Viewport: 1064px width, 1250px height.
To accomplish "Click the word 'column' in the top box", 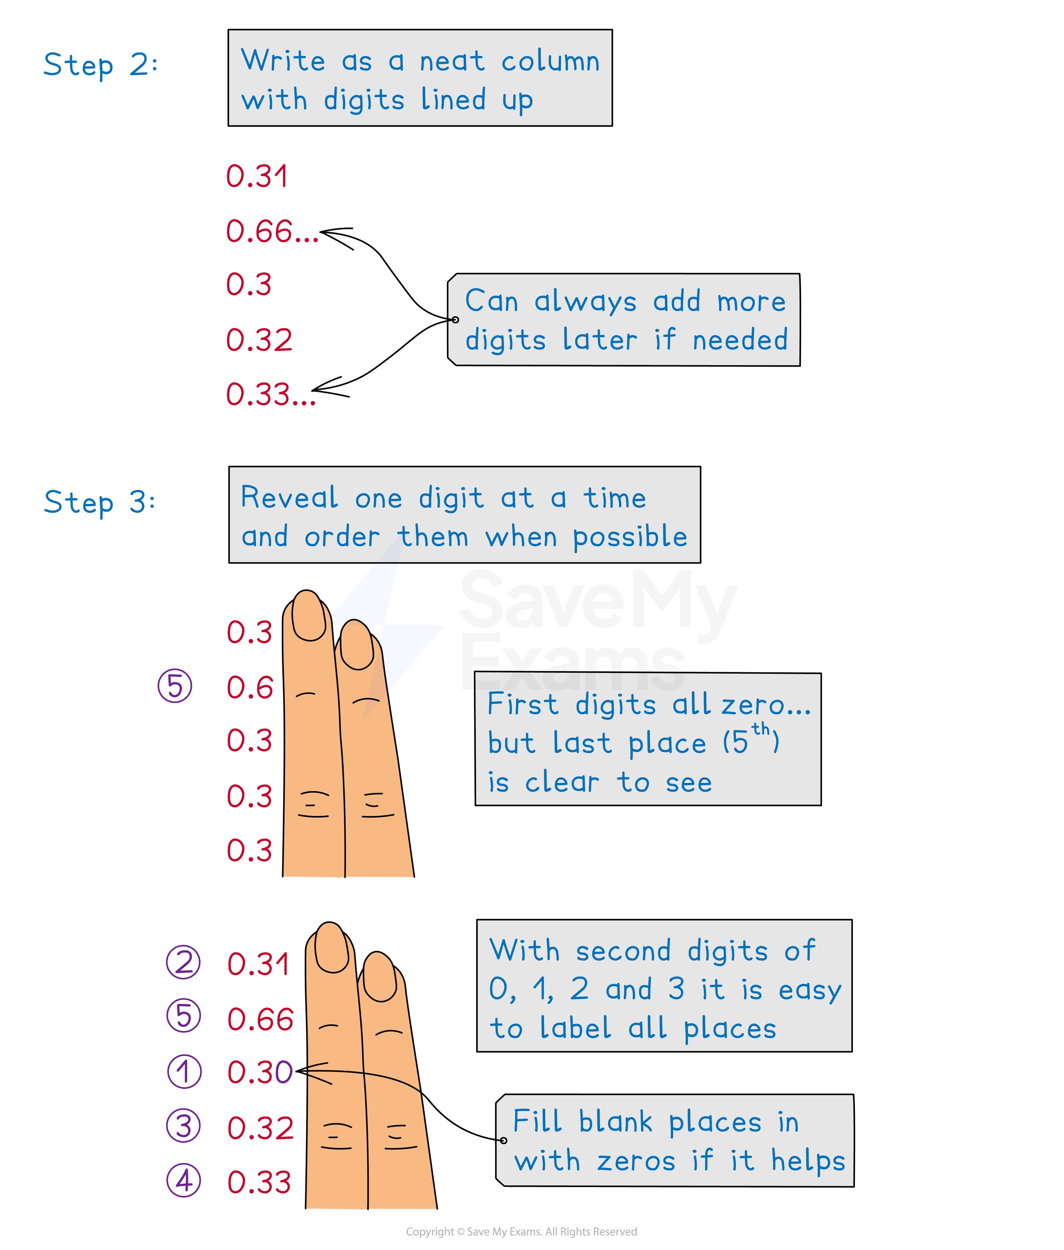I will tap(550, 62).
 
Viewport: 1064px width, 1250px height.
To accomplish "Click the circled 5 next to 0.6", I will tap(175, 687).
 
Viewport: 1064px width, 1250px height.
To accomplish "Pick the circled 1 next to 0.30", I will tap(184, 1072).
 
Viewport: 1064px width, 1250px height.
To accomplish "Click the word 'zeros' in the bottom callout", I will tap(636, 1161).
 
